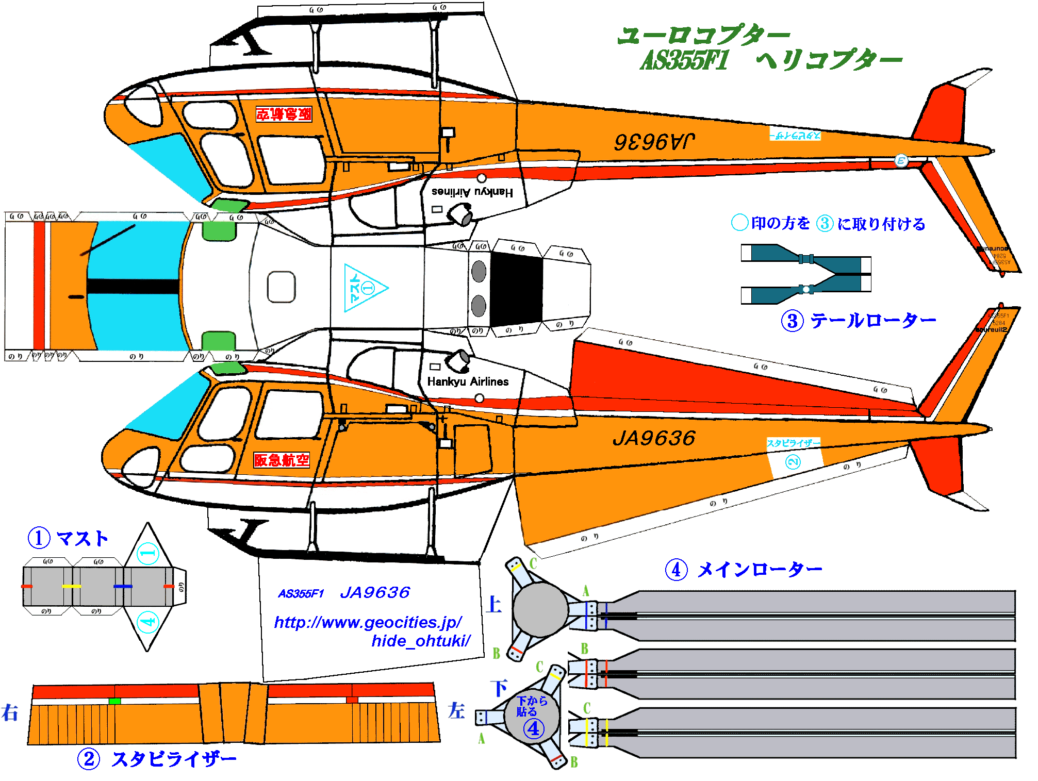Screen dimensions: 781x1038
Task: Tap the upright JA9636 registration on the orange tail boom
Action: pos(654,438)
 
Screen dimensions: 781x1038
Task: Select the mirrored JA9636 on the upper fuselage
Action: pos(654,141)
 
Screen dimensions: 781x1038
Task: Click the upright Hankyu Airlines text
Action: pos(468,381)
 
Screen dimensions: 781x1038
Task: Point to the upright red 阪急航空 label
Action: pos(282,460)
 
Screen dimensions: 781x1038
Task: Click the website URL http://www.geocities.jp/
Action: pos(368,622)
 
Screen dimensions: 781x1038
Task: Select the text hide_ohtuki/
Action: pos(421,641)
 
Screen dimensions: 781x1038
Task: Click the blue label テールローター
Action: pos(873,321)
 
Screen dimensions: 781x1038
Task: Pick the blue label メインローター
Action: pos(759,570)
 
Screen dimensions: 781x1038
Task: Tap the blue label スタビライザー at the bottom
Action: pos(174,759)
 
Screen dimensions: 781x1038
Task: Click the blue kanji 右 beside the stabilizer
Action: pos(10,713)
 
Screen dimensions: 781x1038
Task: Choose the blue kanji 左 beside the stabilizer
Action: pos(456,711)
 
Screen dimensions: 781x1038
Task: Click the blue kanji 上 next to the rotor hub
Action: pos(493,604)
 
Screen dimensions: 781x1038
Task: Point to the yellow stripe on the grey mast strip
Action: pos(71,587)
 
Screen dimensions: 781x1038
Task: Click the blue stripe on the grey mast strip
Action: pos(123,587)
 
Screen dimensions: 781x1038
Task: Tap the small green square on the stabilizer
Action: pos(114,701)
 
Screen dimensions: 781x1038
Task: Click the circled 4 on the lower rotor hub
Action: pos(533,729)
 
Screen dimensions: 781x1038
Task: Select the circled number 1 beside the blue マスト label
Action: pos(39,538)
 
